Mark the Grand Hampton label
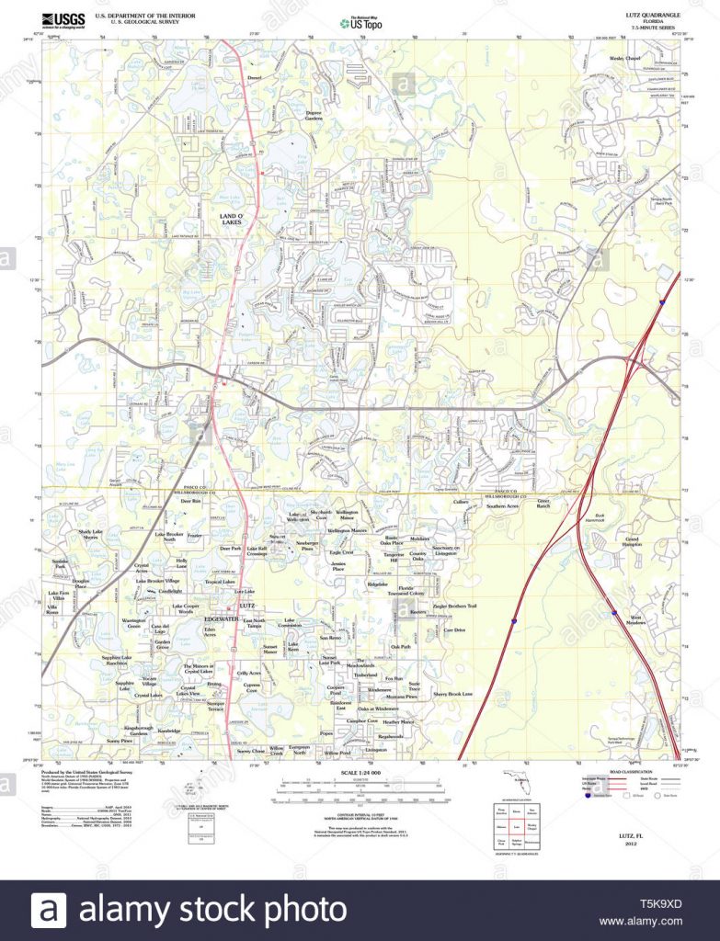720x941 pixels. (632, 541)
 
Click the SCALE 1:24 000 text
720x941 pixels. (360, 773)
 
